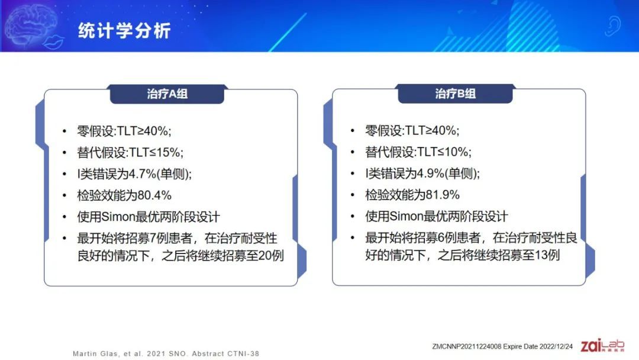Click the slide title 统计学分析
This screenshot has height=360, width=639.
point(124,31)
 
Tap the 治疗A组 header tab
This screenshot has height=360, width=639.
point(167,94)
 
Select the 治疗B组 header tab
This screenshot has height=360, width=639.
point(455,94)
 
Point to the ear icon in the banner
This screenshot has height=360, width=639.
point(612,25)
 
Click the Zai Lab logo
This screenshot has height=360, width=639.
point(602,345)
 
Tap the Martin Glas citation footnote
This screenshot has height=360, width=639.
point(166,353)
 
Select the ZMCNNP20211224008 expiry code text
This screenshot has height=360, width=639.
point(502,346)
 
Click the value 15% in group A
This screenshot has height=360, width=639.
point(167,153)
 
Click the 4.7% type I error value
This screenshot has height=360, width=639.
point(143,174)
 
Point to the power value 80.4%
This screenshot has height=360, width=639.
point(154,195)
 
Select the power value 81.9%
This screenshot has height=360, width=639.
point(443,195)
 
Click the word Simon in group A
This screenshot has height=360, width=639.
point(118,217)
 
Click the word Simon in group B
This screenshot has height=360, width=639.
point(406,216)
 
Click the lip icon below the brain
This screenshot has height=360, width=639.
point(54,42)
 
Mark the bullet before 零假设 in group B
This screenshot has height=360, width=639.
point(353,131)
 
